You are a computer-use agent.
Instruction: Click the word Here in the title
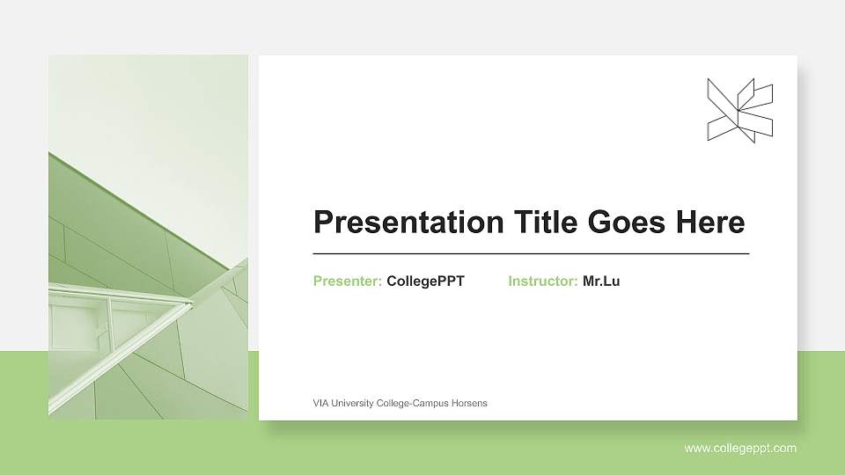(709, 223)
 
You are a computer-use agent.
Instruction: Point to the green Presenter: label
(347, 281)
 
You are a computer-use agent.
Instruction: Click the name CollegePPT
(425, 281)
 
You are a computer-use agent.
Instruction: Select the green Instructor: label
(542, 281)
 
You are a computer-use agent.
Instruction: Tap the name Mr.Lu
(601, 281)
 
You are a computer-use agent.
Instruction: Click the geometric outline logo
(739, 110)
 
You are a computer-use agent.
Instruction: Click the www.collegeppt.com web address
(740, 449)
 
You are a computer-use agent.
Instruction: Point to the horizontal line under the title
(531, 253)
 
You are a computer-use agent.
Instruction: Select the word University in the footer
(353, 403)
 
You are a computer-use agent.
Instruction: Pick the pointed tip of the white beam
(191, 303)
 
